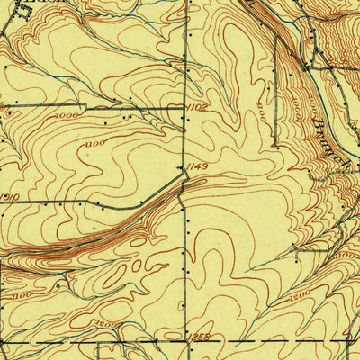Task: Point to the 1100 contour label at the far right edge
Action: point(346,257)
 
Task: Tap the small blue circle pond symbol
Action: point(58,286)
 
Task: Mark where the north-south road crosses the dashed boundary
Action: point(186,342)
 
